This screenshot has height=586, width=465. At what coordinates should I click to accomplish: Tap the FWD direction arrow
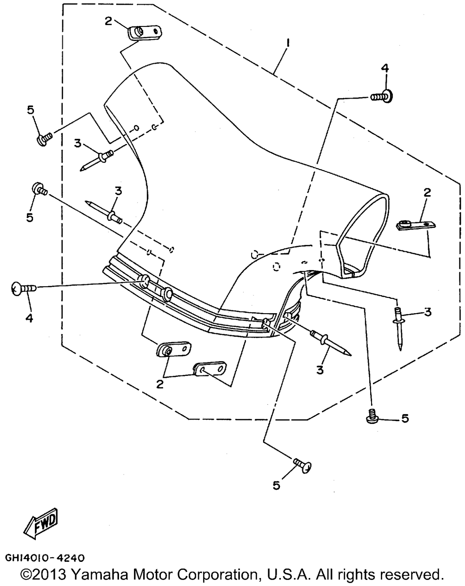coord(41,524)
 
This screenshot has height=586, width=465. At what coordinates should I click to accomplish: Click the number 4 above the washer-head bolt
coord(385,69)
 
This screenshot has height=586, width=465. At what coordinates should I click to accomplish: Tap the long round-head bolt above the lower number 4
coord(24,288)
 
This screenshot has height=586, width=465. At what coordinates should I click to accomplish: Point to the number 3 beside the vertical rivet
coord(428,312)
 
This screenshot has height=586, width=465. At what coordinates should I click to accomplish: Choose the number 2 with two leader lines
coord(160,384)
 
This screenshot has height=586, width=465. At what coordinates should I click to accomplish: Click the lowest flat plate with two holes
coord(209,369)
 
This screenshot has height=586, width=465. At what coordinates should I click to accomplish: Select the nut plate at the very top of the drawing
coord(145,33)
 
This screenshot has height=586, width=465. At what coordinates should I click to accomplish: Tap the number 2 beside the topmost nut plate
coord(108,21)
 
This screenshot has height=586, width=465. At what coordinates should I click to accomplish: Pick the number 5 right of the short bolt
coord(405,419)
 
